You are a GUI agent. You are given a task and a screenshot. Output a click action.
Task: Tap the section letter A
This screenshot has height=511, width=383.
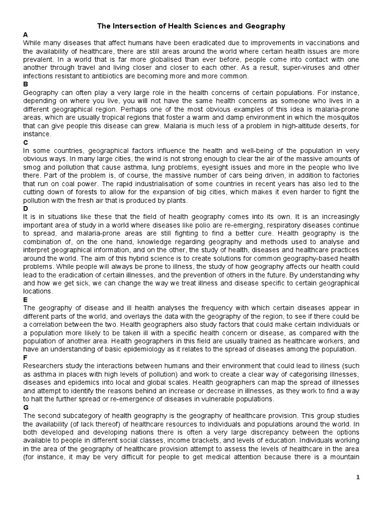pyautogui.click(x=25, y=34)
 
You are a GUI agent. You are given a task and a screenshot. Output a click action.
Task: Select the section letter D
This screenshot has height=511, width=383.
pyautogui.click(x=25, y=208)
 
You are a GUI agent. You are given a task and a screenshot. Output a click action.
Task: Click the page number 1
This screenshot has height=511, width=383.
pyautogui.click(x=358, y=478)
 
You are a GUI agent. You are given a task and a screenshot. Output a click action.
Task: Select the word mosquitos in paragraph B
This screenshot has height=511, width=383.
pyautogui.click(x=340, y=117)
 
